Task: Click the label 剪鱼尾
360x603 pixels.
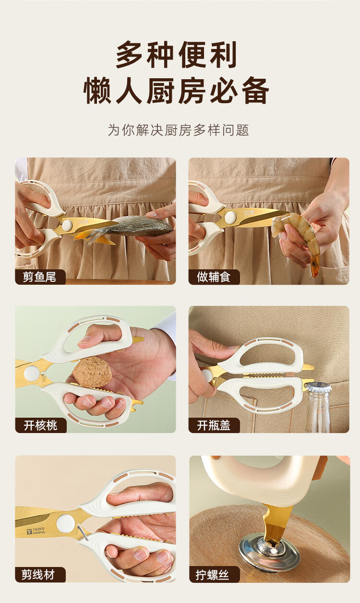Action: click(39, 277)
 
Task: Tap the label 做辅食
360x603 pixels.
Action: click(214, 277)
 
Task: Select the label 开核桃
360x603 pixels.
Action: click(40, 425)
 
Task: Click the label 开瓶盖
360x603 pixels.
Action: click(214, 425)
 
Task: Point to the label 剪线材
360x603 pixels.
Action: click(38, 575)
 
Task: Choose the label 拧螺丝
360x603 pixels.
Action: click(212, 575)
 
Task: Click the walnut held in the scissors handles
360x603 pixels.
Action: click(92, 372)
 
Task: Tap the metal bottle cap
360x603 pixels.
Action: click(319, 387)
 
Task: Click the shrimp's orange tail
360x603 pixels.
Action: click(315, 265)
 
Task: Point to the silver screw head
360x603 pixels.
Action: click(270, 546)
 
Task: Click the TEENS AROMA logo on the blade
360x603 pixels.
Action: click(36, 531)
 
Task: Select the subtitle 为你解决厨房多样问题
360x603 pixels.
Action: click(179, 130)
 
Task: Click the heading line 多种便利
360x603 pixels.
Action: click(177, 55)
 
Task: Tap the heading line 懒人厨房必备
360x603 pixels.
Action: click(177, 90)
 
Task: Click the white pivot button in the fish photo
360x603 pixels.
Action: click(67, 225)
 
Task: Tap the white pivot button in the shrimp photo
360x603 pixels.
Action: click(230, 217)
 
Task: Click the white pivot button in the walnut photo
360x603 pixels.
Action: click(31, 374)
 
